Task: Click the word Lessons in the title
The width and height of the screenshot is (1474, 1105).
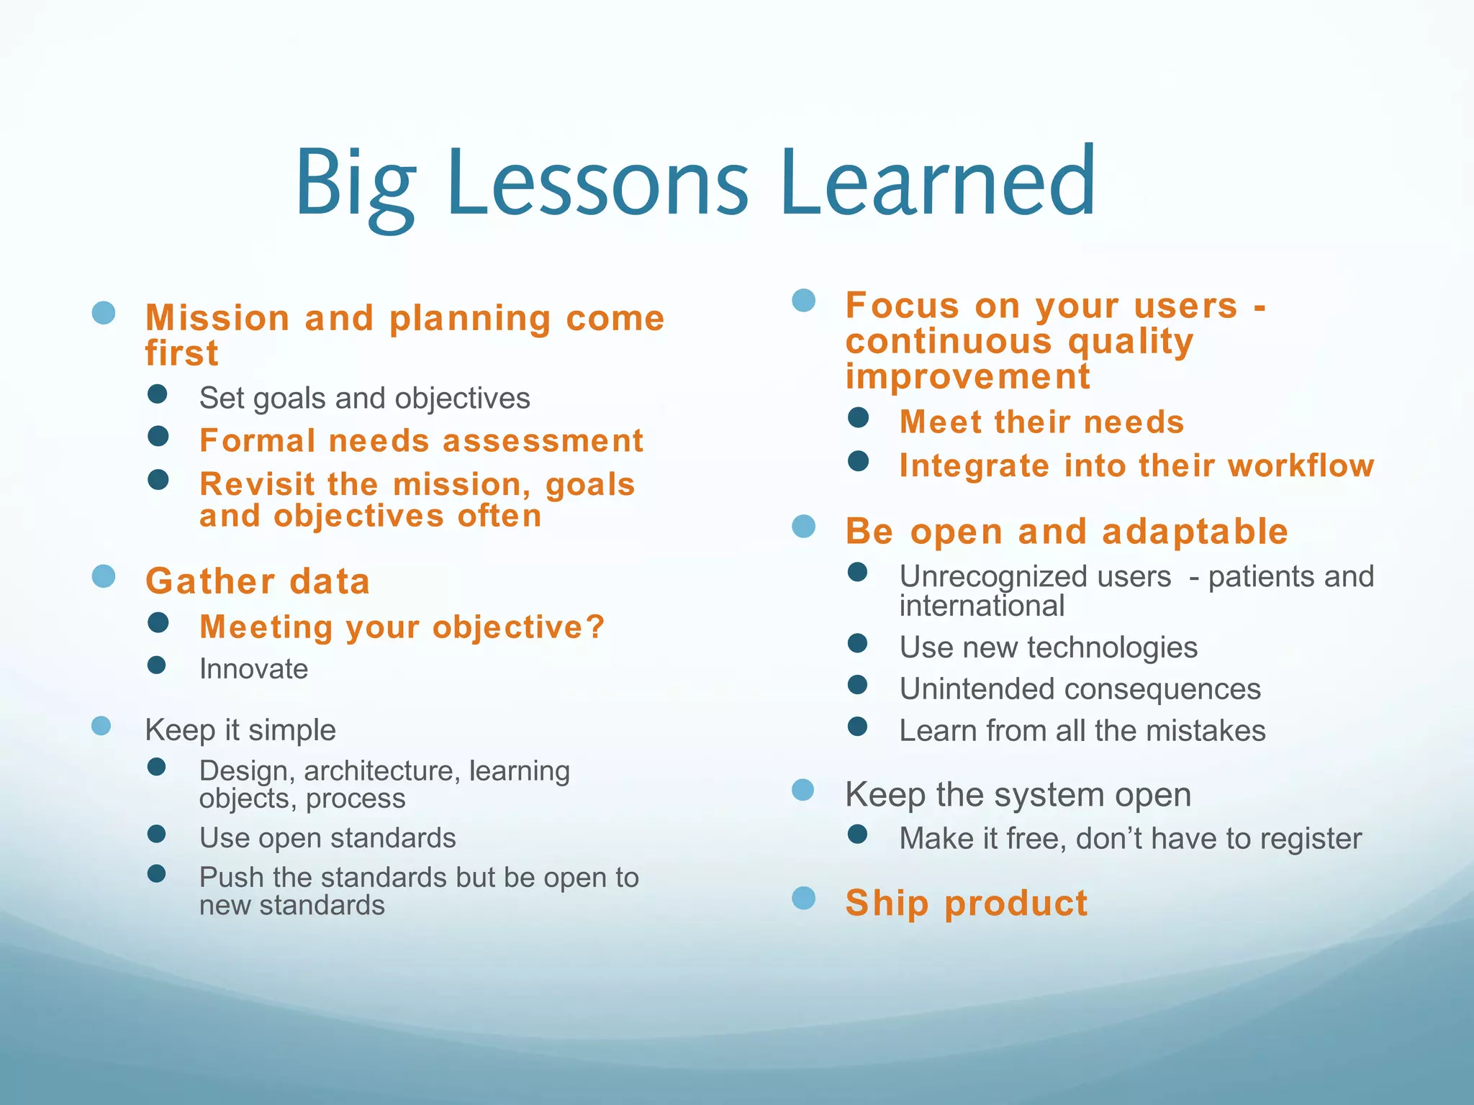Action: (x=597, y=183)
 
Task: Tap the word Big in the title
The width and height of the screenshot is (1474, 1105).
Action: (x=355, y=187)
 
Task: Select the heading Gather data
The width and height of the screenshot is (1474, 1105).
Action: (x=258, y=581)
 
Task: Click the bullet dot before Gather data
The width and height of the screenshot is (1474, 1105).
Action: (x=104, y=576)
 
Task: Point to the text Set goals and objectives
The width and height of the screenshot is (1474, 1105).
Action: (x=364, y=398)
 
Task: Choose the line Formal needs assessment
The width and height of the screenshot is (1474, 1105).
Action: (x=421, y=441)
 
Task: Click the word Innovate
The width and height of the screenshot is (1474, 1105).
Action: (x=253, y=669)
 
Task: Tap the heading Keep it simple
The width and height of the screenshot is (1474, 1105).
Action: (x=240, y=730)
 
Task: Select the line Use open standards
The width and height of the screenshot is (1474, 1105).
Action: (x=327, y=838)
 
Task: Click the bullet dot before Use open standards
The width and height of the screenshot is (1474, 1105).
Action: (x=157, y=834)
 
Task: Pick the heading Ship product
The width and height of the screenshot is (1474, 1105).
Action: (x=966, y=903)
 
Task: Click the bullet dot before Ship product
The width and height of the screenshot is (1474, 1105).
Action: (x=803, y=898)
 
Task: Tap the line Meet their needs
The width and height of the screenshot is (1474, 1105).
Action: (x=1041, y=422)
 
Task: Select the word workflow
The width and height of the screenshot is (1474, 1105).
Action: (x=1301, y=466)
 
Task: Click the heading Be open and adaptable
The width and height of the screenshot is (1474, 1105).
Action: (x=1067, y=532)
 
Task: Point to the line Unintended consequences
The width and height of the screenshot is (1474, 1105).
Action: (x=1080, y=689)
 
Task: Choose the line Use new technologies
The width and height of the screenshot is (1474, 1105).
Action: (x=1048, y=647)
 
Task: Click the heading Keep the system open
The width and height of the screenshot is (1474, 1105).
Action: (x=1018, y=795)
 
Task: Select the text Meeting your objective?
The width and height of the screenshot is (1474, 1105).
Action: (x=402, y=627)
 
